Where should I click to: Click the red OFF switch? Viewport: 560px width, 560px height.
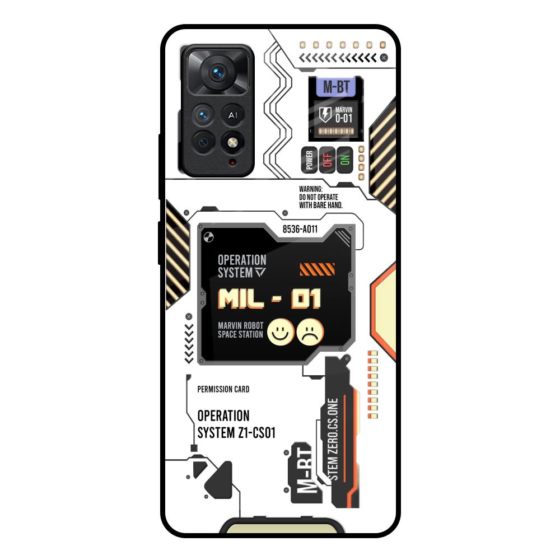coord(328,161)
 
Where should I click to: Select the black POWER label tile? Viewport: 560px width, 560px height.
coord(309,161)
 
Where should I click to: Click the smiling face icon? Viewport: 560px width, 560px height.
coord(281,332)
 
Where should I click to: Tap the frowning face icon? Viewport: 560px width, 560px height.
coord(310,332)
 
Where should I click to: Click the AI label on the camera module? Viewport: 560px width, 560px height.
coord(232,115)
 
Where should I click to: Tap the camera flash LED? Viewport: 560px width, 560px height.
coord(231,143)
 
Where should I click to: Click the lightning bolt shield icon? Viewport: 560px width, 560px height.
coord(325,114)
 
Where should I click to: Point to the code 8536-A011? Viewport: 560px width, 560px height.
coord(300,228)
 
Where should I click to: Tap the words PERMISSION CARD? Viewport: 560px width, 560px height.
coord(223,389)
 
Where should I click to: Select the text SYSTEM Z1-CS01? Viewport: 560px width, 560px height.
coord(236,433)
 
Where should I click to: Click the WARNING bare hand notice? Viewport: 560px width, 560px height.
coord(321,198)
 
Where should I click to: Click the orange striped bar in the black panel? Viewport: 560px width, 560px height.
coord(318,270)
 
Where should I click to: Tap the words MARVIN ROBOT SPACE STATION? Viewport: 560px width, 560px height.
coord(240,330)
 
